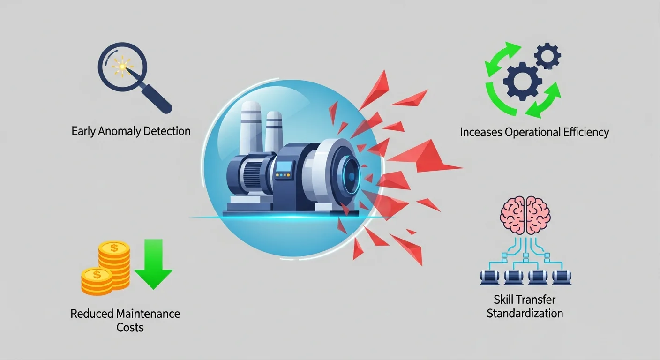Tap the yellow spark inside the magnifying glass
[x=122, y=67]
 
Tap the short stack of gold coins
[x=97, y=281]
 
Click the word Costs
[x=130, y=327]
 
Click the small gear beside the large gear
[x=547, y=55]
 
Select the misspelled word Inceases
[x=481, y=132]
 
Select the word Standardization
[x=525, y=313]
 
